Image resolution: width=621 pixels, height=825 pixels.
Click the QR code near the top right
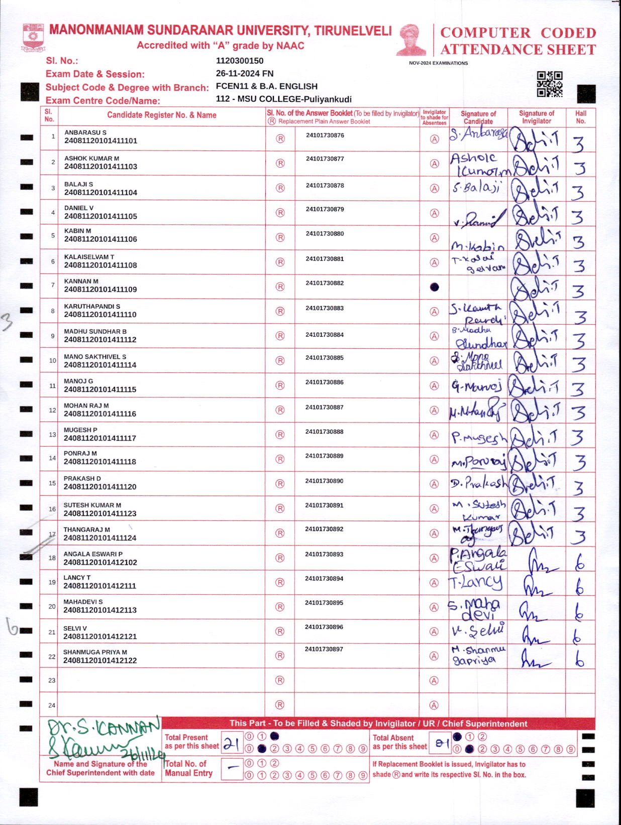click(549, 84)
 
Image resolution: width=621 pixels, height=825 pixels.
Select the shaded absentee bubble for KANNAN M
click(435, 287)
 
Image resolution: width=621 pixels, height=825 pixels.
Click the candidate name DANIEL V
click(79, 208)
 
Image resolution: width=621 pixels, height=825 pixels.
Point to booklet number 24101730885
click(325, 358)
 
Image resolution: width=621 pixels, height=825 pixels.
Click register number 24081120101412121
click(100, 636)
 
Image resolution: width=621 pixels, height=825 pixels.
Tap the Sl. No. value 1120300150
click(240, 61)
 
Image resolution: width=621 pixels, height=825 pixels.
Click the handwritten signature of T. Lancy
click(475, 582)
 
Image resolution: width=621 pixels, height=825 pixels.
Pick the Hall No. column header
click(580, 117)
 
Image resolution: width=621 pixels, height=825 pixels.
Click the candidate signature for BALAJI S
click(476, 188)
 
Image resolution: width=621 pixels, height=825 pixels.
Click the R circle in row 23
click(280, 680)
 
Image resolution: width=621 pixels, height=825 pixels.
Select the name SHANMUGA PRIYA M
click(95, 652)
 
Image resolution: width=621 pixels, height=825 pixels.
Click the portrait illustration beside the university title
click(412, 39)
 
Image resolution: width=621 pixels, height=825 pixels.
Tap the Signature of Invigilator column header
click(536, 117)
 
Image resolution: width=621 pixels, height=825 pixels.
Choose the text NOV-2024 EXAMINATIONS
click(438, 63)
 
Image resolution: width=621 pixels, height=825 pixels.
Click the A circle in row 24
click(434, 705)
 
